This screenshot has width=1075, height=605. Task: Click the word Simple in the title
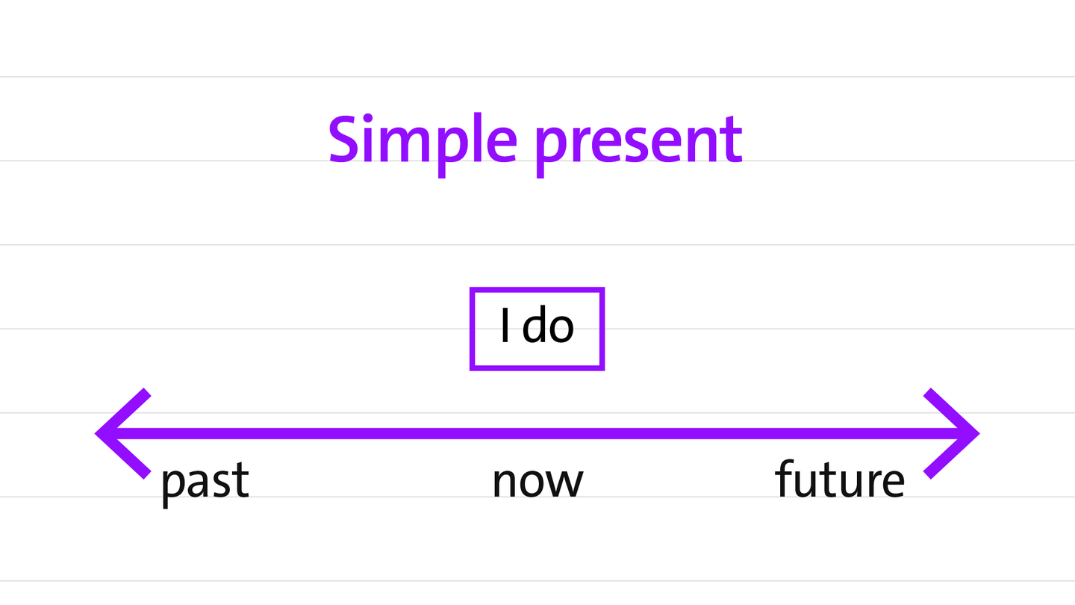(423, 145)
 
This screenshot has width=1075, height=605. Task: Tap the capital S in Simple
(343, 140)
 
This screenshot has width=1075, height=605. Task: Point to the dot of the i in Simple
(367, 119)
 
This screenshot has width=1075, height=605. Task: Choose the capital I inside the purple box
(505, 325)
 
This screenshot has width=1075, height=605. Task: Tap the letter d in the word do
(533, 323)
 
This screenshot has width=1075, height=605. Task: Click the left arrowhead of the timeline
(123, 433)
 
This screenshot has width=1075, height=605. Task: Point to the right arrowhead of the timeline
(952, 433)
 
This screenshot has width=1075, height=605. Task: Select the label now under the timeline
(538, 482)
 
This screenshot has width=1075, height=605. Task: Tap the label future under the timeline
(840, 478)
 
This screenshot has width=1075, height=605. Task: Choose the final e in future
(893, 482)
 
